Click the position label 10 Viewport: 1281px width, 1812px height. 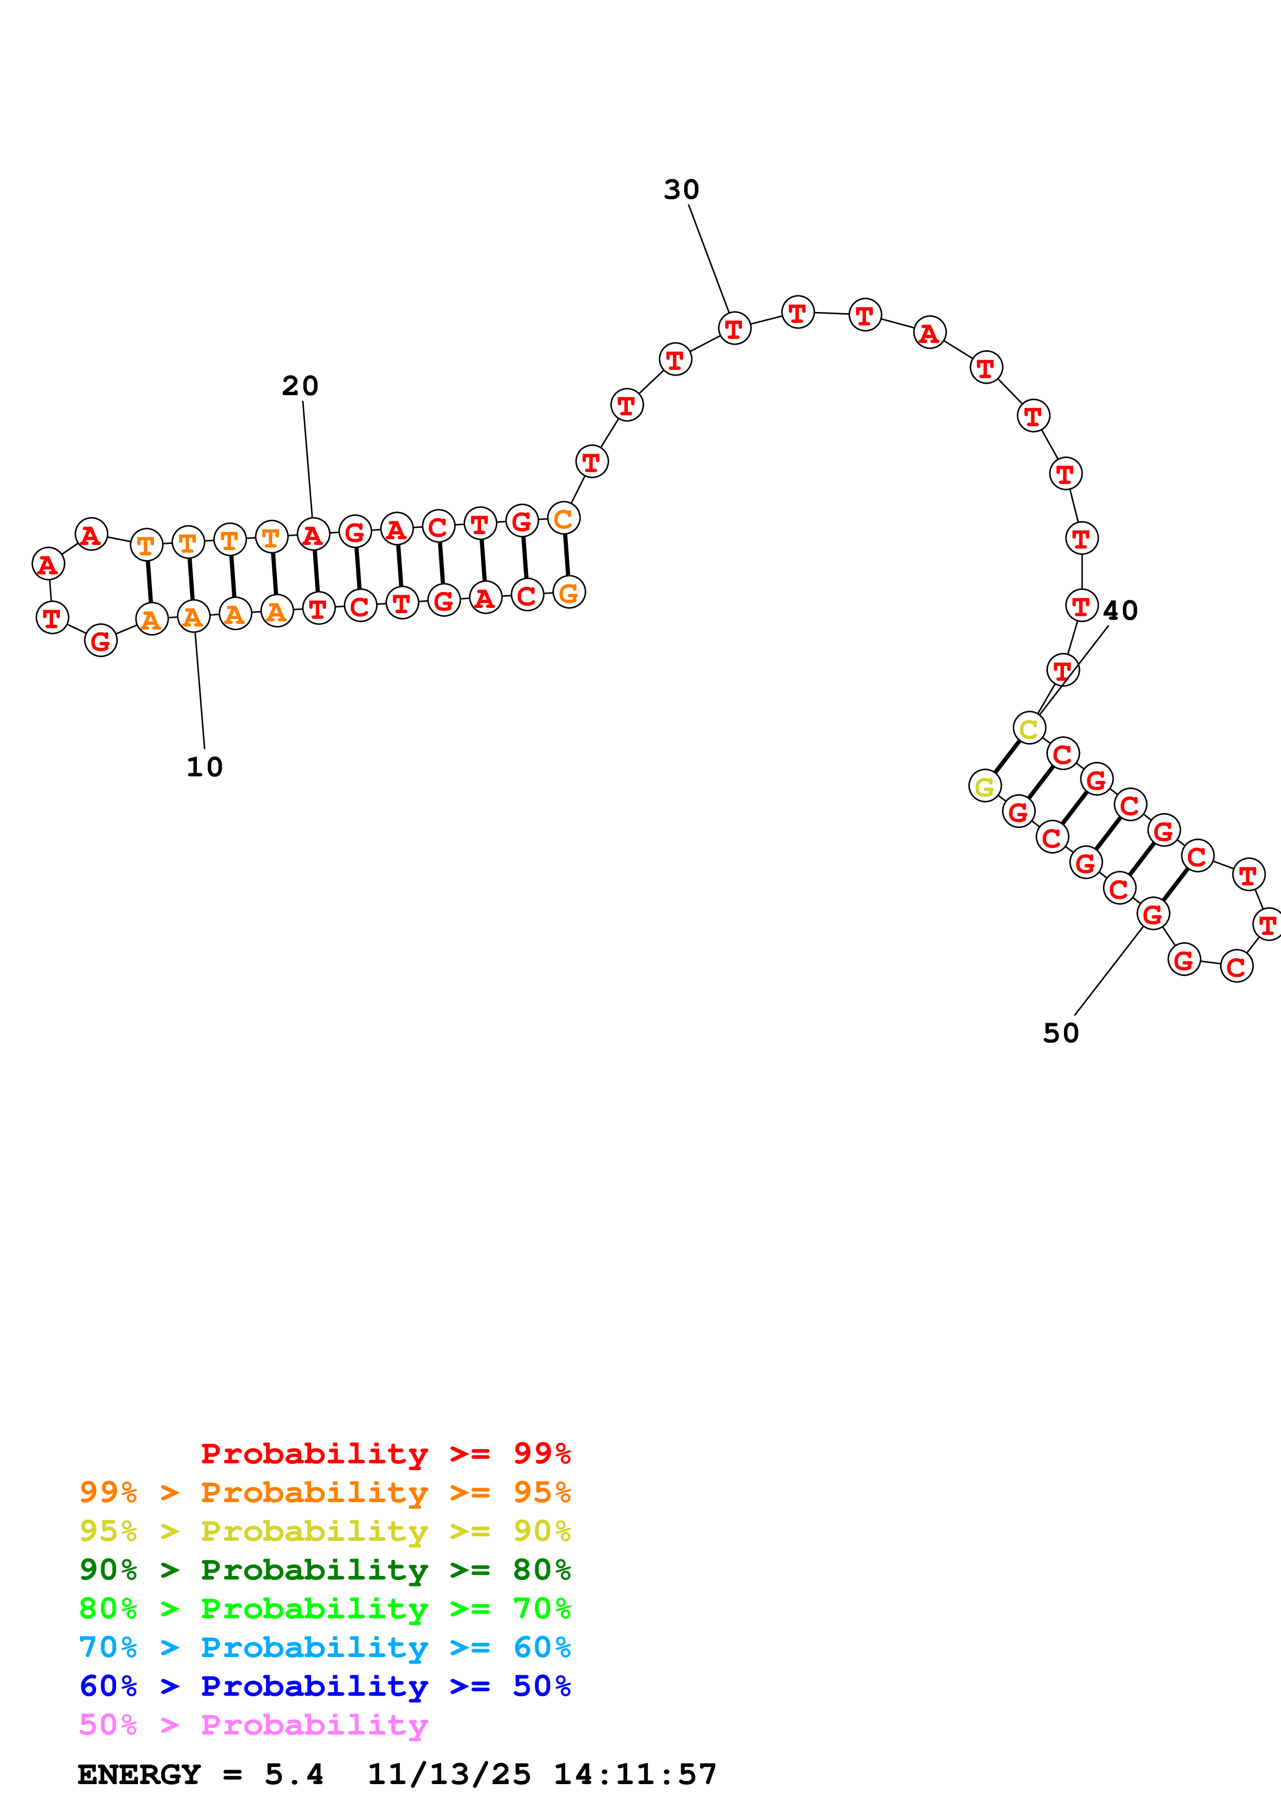(205, 767)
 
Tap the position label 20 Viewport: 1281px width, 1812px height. (300, 386)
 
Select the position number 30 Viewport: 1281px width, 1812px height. (681, 190)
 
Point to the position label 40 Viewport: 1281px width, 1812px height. (1120, 611)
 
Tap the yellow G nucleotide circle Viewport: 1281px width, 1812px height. (985, 786)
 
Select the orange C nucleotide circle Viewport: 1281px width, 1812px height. (564, 519)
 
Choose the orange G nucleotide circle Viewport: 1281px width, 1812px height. (569, 592)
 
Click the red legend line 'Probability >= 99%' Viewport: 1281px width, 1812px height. (385, 1454)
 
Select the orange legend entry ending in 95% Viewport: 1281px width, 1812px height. (325, 1492)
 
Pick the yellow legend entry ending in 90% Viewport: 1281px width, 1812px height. (325, 1531)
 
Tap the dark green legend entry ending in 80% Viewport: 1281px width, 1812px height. (325, 1570)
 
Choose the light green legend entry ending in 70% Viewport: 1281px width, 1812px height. (325, 1608)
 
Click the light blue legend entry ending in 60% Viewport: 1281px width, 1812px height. (325, 1647)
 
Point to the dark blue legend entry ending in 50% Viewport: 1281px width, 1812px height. (325, 1686)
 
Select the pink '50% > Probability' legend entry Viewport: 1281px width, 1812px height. (253, 1724)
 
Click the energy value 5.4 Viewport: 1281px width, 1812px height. (294, 1774)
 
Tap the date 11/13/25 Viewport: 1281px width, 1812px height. (449, 1774)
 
